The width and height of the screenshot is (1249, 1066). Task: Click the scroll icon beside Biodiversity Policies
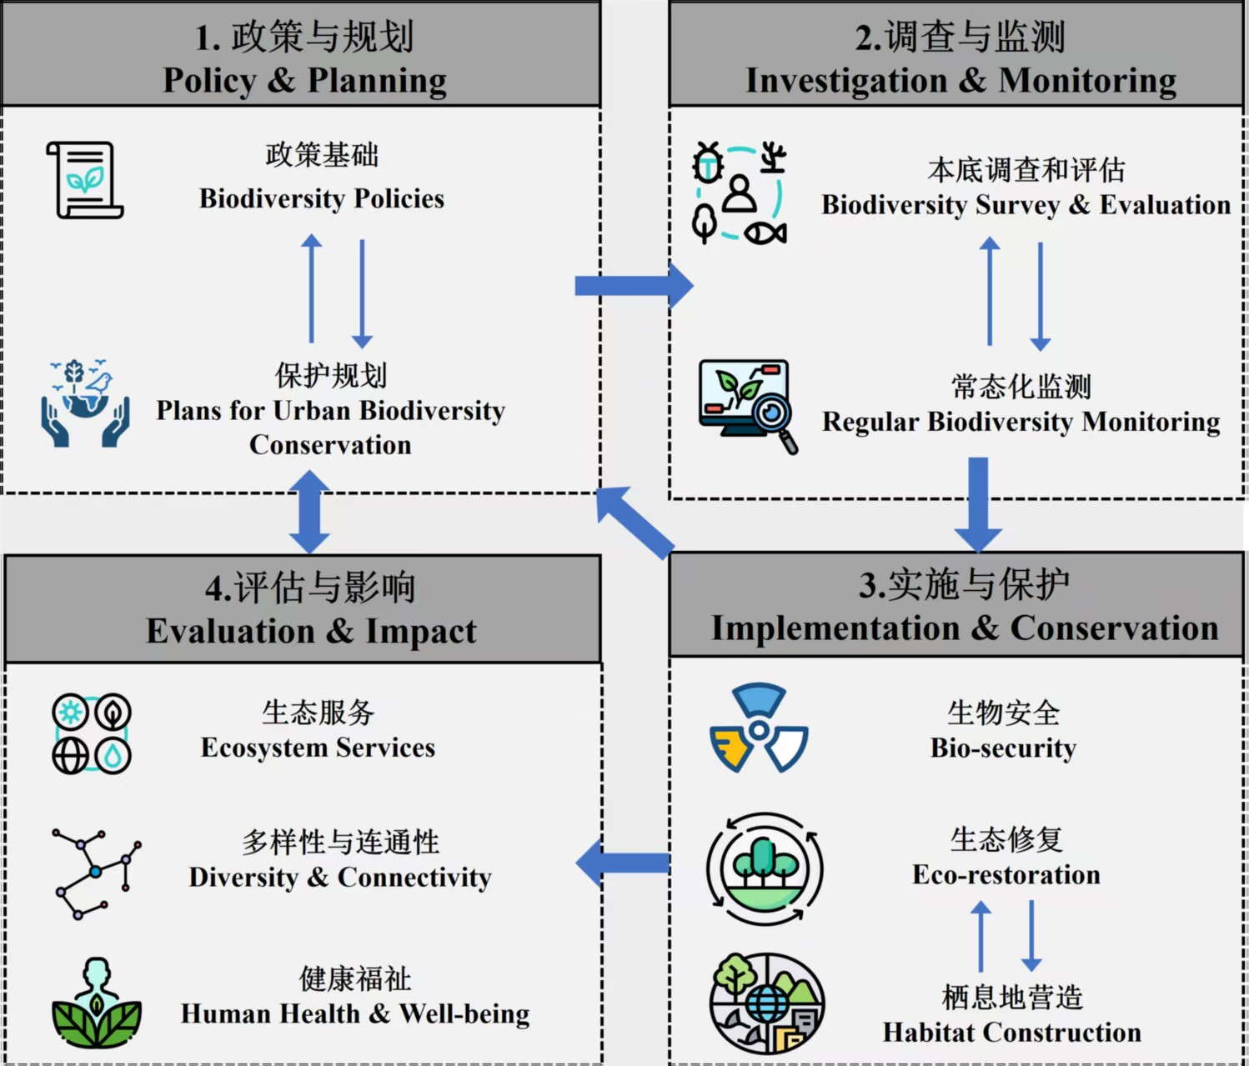pos(84,180)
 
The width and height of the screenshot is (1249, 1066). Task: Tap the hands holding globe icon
pos(85,403)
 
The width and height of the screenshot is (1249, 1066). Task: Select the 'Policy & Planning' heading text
pos(304,80)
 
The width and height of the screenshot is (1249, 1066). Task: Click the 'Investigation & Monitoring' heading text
pos(961,80)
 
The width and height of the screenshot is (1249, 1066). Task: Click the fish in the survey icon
pos(765,233)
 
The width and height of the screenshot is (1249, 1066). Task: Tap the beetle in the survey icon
pos(708,163)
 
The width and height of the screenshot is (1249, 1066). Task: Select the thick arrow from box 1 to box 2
pos(634,285)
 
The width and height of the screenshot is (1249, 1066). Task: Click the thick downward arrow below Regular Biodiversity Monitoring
pos(978,505)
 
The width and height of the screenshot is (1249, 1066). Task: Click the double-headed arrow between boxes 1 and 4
pos(309,512)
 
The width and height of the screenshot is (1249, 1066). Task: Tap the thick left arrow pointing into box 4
pos(622,863)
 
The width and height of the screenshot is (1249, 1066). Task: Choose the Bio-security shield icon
pos(759,728)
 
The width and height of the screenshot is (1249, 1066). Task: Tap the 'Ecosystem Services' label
pos(318,747)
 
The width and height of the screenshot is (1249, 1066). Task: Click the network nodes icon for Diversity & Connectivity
pos(97,873)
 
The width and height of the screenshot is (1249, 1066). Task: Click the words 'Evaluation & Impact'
pos(311,631)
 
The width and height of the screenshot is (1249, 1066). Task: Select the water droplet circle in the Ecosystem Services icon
pos(113,755)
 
